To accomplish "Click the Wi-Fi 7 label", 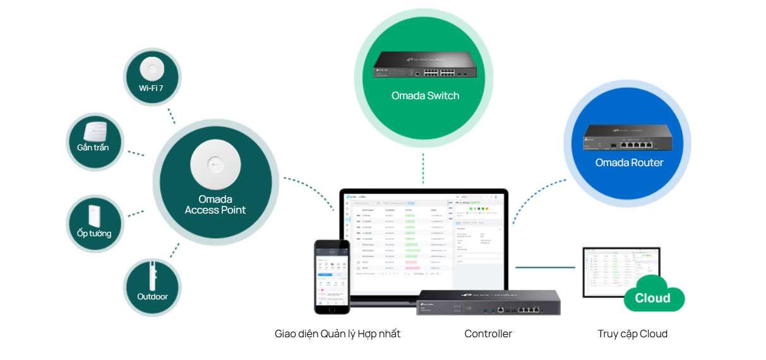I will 152,88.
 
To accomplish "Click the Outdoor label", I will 152,296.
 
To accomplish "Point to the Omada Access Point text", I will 215,205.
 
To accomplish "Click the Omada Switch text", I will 425,96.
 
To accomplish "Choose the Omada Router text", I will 629,163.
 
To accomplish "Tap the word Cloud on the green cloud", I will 652,298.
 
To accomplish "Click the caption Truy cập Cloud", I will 632,334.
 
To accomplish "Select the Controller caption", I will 488,334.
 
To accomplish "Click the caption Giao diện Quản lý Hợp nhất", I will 337,334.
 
